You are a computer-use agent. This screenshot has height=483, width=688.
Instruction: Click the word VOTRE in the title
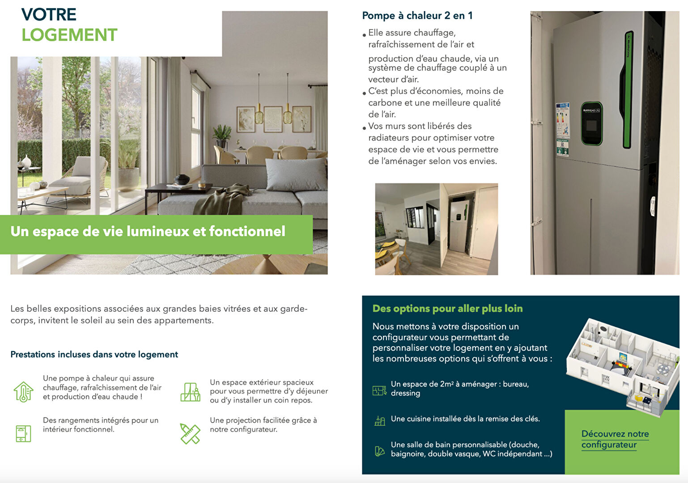49,14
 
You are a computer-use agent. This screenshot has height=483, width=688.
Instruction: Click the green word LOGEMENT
69,35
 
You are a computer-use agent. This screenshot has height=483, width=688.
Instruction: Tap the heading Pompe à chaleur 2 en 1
417,16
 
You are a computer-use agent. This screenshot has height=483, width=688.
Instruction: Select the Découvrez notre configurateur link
615,439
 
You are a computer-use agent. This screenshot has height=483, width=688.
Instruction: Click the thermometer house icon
23,392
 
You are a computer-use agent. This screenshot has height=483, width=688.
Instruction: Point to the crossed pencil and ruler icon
190,433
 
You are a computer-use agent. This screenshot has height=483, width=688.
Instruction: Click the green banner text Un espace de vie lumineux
148,231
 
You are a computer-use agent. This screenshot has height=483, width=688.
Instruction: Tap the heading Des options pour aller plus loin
447,309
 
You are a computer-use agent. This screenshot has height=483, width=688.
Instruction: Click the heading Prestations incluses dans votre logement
94,355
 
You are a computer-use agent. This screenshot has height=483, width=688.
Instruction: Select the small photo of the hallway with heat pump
436,229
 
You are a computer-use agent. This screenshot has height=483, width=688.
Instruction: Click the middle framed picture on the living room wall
272,119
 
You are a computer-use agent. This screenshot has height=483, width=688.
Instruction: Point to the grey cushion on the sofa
297,174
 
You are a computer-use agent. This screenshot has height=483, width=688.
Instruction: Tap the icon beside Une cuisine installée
379,420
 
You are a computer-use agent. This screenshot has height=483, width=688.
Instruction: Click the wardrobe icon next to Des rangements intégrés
23,433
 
